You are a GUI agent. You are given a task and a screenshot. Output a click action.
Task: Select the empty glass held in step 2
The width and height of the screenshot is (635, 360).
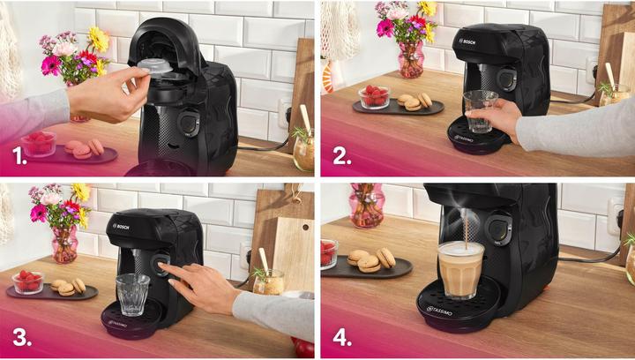480,112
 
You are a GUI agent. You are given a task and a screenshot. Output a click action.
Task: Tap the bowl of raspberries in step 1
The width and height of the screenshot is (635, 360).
39,143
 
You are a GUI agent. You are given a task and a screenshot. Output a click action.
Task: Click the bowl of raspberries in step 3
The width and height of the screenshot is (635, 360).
28,281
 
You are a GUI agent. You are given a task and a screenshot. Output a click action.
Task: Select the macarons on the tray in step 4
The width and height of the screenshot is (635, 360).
370,259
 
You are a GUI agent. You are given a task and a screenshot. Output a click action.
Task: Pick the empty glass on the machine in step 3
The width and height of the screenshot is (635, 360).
132,294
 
